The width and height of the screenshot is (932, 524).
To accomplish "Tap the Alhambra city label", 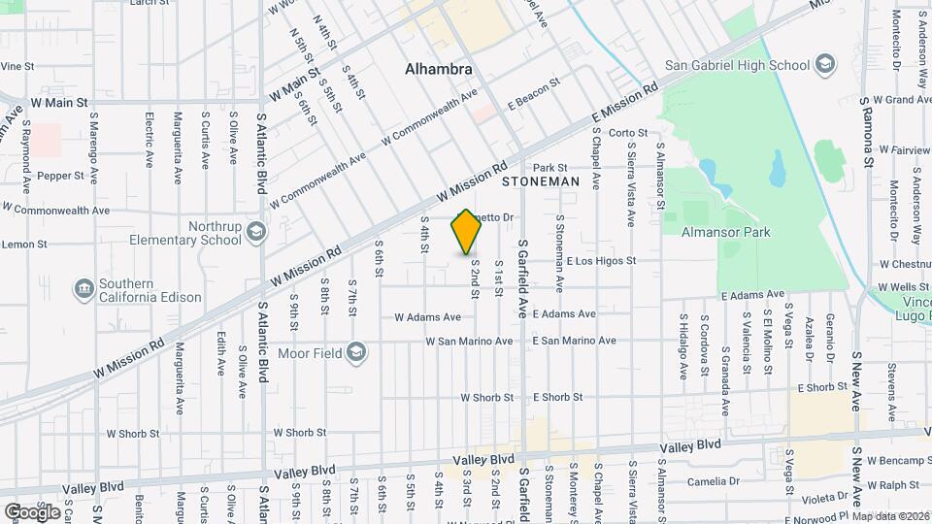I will (x=439, y=70).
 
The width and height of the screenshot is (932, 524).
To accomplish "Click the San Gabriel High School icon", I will (x=824, y=65).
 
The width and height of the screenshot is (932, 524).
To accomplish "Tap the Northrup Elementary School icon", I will (x=254, y=232).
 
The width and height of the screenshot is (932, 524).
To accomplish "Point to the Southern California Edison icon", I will (x=83, y=289).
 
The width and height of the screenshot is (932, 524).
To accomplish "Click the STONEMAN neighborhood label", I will (x=541, y=181).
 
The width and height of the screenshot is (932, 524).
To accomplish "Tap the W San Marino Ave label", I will (x=469, y=342).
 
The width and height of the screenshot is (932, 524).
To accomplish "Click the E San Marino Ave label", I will (x=575, y=342).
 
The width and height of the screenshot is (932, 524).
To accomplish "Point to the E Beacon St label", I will (x=535, y=93).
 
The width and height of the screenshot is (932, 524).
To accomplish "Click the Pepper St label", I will (x=60, y=176).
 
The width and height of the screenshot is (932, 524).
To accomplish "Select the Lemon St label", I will (x=17, y=245).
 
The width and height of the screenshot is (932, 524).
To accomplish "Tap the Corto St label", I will (x=628, y=133).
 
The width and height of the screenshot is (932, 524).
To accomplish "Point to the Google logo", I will (x=31, y=511).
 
